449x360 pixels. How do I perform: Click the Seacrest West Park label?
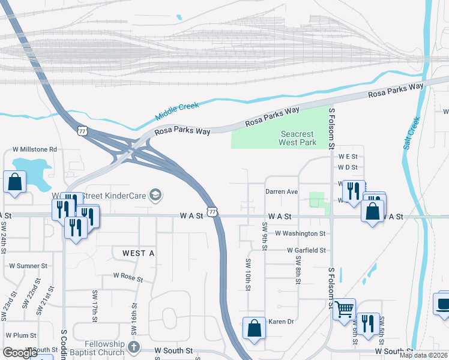(297, 139)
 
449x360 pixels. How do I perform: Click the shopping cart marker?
(344, 309)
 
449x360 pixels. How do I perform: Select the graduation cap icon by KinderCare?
(155, 194)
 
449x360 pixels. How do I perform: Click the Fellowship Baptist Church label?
(100, 347)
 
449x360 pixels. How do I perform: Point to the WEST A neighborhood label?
(139, 254)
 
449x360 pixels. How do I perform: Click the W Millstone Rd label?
(35, 149)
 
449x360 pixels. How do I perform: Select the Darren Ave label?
(282, 191)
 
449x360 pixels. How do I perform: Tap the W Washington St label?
(300, 233)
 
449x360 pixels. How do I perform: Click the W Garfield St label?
(306, 250)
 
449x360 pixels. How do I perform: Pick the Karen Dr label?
(280, 322)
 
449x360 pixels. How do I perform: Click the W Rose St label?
(128, 278)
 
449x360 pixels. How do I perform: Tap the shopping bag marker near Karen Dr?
(254, 328)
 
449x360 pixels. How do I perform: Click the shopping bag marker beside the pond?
(14, 182)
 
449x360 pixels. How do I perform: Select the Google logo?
(20, 353)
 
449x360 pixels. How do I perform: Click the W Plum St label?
(21, 335)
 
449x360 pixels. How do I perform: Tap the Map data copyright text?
(423, 355)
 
